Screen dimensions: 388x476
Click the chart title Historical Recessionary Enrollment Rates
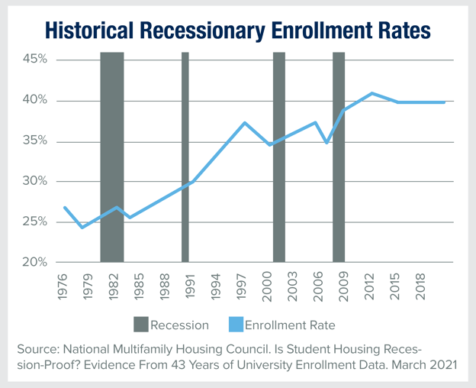[237, 30]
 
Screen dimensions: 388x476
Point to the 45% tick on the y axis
[34, 60]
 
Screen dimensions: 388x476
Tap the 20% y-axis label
[34, 262]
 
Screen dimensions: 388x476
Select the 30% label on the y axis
[34, 181]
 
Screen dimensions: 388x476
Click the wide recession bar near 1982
[112, 153]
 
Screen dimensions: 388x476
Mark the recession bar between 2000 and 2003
[279, 153]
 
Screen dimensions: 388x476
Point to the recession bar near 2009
[339, 153]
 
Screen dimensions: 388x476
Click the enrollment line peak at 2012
[371, 93]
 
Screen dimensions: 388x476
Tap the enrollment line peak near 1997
[245, 123]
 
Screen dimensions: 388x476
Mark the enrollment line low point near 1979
[82, 227]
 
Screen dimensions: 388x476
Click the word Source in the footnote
[37, 348]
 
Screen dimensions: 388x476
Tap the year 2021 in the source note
[442, 364]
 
